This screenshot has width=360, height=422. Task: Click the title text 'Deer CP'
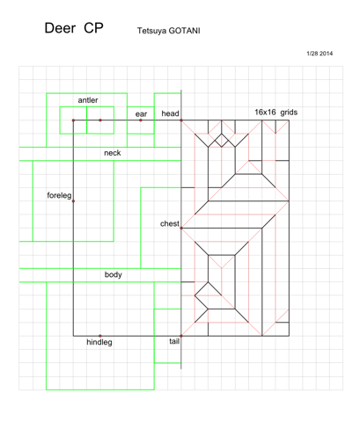point(74,28)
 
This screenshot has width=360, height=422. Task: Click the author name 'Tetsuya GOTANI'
point(169,31)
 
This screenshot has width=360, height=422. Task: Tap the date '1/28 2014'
point(320,54)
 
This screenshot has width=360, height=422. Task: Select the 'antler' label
point(88,100)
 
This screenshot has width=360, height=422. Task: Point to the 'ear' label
point(141,114)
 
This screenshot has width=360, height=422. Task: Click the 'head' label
point(170,113)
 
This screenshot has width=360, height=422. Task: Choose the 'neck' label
point(113,153)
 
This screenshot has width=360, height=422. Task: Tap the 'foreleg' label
point(59,195)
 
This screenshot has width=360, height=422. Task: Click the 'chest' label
point(170,223)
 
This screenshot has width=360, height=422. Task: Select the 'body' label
point(114,274)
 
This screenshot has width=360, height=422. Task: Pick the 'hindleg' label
point(99,342)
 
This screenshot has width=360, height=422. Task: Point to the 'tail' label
point(174,341)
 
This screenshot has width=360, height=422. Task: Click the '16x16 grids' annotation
point(276,113)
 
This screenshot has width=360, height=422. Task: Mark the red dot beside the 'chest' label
point(181,228)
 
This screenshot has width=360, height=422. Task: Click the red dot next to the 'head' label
point(181,120)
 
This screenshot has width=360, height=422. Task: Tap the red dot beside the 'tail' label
point(181,336)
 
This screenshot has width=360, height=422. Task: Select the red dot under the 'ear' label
point(141,120)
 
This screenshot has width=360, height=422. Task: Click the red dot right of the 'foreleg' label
point(73,201)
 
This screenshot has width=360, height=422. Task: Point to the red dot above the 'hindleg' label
point(100,336)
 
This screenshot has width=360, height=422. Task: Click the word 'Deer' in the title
point(60,28)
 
